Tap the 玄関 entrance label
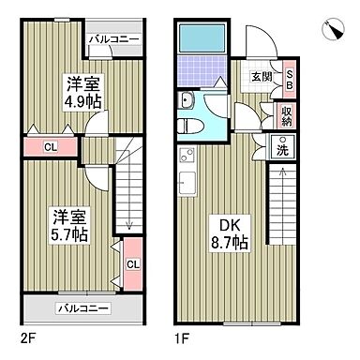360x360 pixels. (x=262, y=78)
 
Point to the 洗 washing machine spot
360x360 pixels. (x=282, y=146)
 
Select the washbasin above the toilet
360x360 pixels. (x=186, y=101)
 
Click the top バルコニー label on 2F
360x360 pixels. (x=114, y=39)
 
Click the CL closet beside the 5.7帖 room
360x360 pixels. (x=131, y=263)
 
